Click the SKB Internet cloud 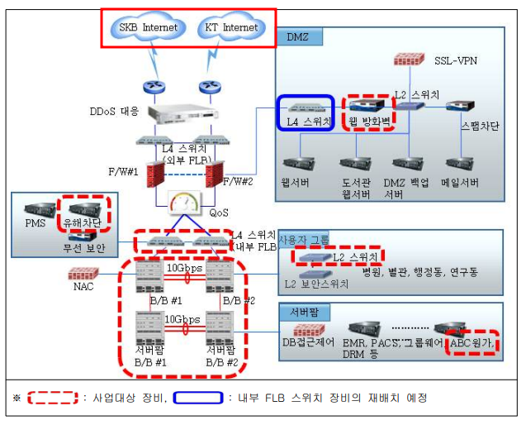pos(148,27)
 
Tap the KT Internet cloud pos(229,27)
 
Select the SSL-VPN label pos(456,60)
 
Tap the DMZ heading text pos(296,37)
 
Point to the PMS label pos(34,223)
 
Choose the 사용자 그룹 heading pos(303,240)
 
